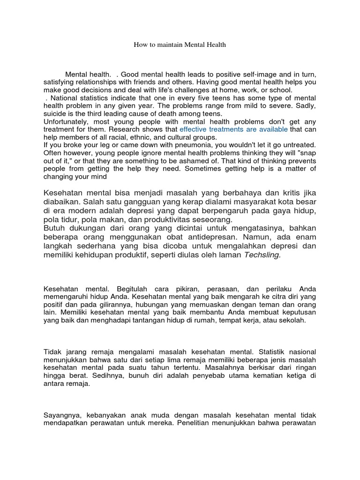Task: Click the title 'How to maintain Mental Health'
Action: coord(180,45)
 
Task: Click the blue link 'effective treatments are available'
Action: coord(233,129)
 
